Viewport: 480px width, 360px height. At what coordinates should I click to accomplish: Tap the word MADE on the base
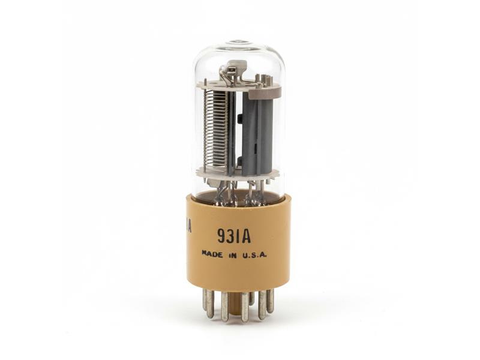click(x=212, y=254)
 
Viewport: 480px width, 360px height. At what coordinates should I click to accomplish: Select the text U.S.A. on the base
click(x=255, y=254)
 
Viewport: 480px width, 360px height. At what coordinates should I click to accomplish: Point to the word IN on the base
click(x=232, y=254)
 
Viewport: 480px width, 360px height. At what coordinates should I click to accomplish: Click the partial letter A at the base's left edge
click(x=189, y=226)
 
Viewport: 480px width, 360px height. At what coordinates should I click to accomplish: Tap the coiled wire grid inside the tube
click(x=215, y=129)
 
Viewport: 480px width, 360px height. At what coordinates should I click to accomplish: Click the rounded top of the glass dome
click(x=238, y=45)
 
